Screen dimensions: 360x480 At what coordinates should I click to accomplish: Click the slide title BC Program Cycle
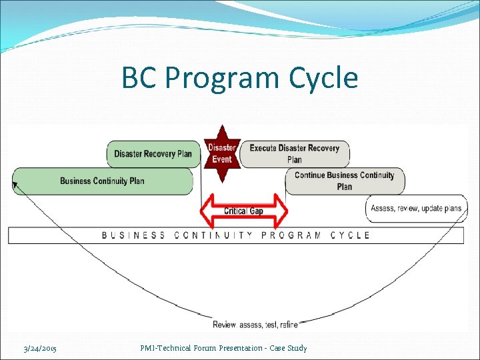[239, 79]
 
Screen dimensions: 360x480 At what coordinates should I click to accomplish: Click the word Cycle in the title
[324, 79]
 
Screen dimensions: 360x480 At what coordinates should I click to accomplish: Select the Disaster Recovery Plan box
[153, 154]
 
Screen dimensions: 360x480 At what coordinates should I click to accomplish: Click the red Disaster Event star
[222, 153]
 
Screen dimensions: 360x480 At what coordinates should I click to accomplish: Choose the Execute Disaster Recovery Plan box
[294, 153]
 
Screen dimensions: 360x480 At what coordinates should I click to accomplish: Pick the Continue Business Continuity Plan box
[344, 181]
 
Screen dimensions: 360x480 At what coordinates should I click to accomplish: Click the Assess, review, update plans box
[416, 209]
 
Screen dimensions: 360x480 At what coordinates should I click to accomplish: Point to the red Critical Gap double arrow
[244, 211]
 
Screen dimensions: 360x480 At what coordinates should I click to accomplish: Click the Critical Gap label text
[243, 211]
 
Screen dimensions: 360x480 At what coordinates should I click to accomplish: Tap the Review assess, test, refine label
[255, 325]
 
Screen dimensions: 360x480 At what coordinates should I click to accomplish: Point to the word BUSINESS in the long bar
[133, 235]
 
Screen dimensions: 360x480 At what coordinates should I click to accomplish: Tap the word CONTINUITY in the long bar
[210, 235]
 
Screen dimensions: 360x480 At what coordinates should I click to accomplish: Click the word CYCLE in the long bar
[350, 235]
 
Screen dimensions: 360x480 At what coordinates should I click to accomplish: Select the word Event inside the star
[222, 159]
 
